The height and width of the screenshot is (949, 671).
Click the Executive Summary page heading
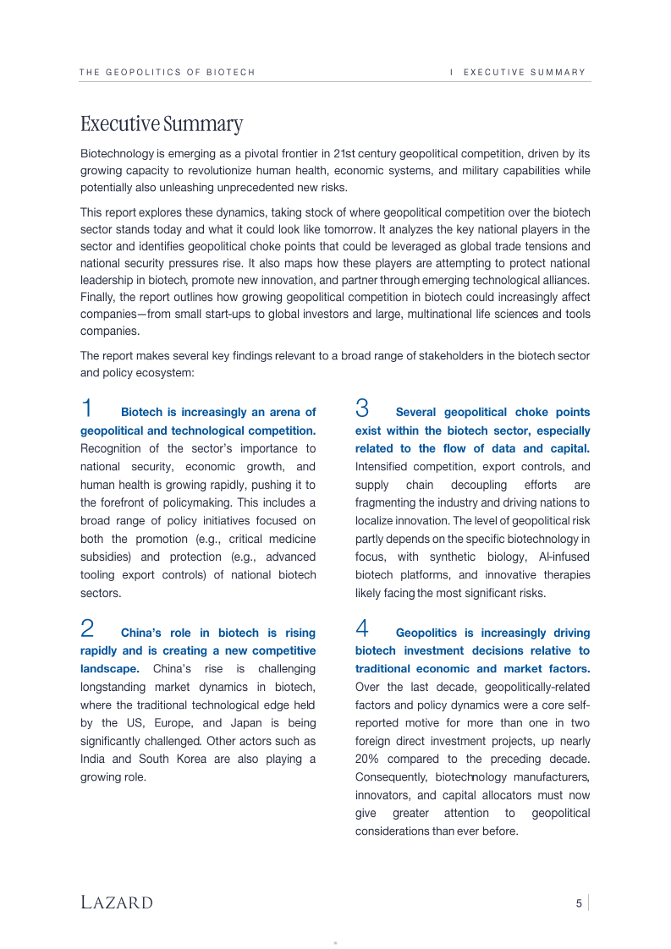click(x=161, y=124)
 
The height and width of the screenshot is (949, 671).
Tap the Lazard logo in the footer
click(x=117, y=902)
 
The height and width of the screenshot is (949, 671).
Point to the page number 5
click(x=579, y=903)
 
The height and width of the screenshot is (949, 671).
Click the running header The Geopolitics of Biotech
click(x=168, y=73)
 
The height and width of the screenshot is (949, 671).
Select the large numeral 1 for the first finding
click(x=87, y=409)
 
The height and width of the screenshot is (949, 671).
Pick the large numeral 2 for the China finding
click(x=87, y=629)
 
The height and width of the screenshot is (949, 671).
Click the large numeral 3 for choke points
click(x=362, y=409)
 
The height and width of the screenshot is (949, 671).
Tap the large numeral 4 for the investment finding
click(x=362, y=629)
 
